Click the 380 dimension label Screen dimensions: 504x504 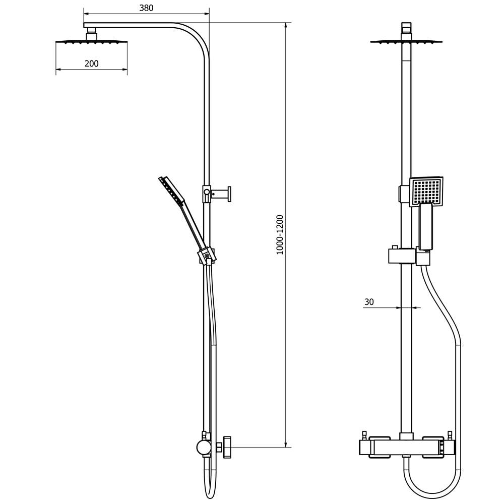pos(146,8)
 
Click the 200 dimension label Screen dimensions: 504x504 pos(92,64)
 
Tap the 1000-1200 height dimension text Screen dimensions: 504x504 pos(280,234)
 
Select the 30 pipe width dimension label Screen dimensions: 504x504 pos(369,302)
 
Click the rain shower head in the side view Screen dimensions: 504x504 pos(91,42)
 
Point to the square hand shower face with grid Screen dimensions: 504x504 pos(426,191)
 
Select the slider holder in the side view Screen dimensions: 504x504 pos(207,256)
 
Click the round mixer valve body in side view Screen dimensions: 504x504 pos(204,447)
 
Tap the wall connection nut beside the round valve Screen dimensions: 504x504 pos(226,447)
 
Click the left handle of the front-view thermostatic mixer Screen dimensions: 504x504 pos(380,447)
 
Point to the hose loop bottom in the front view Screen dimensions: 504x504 pos(432,491)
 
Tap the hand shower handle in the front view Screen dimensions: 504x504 pos(426,227)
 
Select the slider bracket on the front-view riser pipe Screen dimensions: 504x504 pos(402,256)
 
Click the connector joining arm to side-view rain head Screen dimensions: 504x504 pos(91,34)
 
